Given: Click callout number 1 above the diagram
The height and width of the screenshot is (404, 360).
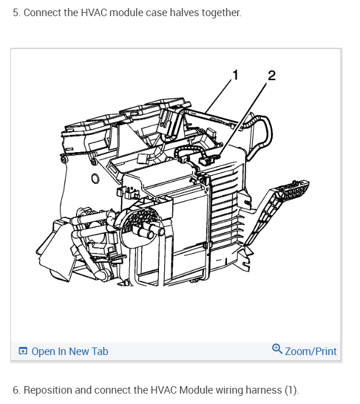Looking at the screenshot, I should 234,74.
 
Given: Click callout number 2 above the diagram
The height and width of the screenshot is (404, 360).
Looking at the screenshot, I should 271,75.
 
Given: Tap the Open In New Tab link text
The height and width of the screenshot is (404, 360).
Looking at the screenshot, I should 70,351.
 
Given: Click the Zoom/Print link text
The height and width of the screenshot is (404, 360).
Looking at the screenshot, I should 310,351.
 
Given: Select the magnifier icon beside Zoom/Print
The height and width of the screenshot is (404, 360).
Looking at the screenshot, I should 277,349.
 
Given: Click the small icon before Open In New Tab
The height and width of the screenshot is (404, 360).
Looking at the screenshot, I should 23,351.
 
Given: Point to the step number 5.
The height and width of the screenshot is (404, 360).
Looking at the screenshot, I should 16,12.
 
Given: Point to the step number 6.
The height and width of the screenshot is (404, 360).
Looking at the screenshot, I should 16,390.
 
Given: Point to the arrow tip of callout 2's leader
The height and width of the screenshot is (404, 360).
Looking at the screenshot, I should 221,154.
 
